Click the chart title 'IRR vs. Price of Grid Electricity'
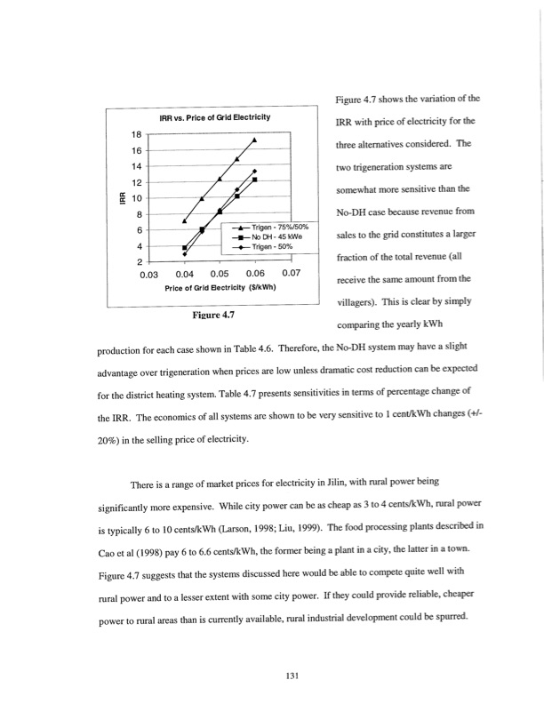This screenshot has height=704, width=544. (x=214, y=118)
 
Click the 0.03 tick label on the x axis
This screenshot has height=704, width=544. (x=149, y=274)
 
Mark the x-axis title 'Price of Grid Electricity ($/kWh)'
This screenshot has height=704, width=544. (x=220, y=287)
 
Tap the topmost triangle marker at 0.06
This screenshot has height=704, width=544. (x=255, y=140)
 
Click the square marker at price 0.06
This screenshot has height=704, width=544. (x=255, y=180)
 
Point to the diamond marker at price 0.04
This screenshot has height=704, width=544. (x=184, y=254)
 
